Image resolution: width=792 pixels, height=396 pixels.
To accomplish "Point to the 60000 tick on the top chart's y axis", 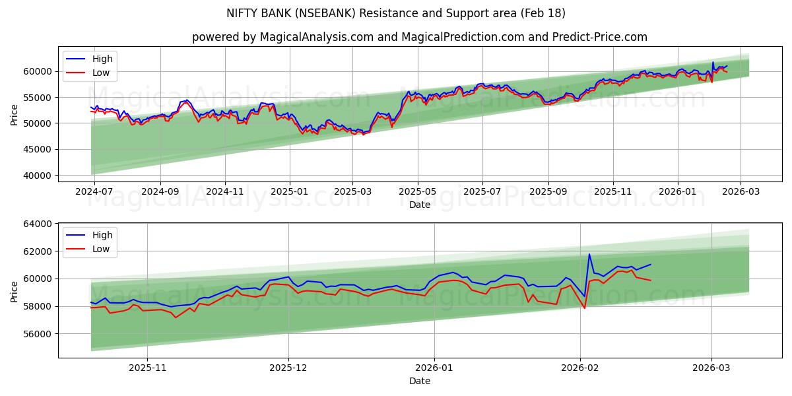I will point(37,71).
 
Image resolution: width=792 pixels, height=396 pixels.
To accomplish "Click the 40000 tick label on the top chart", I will point(37,176).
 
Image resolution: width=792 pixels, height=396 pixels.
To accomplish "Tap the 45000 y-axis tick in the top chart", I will point(37,150).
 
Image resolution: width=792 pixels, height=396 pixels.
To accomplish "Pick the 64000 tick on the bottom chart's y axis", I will point(37,224).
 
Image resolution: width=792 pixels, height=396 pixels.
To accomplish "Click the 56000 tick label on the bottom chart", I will point(37,334).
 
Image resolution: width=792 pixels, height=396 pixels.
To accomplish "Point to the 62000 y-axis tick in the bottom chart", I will point(37,251).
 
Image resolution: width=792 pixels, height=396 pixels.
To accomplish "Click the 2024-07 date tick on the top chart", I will point(94,191).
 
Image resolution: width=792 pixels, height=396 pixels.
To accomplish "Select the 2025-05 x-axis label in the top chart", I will point(418,191).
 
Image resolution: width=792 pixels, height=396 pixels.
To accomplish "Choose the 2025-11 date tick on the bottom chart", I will point(147,367).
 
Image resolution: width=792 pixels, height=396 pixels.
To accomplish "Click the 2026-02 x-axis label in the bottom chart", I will point(580,367).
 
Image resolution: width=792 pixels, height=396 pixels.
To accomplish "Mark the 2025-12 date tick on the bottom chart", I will point(288,367).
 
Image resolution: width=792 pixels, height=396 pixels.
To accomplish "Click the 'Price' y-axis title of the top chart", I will point(15,114).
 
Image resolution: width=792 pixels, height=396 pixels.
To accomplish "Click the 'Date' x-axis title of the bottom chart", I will point(420,381).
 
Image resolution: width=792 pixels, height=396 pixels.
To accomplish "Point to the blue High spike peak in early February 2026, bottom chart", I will point(589,254).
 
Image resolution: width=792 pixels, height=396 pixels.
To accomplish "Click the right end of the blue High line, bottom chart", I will point(651,264).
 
